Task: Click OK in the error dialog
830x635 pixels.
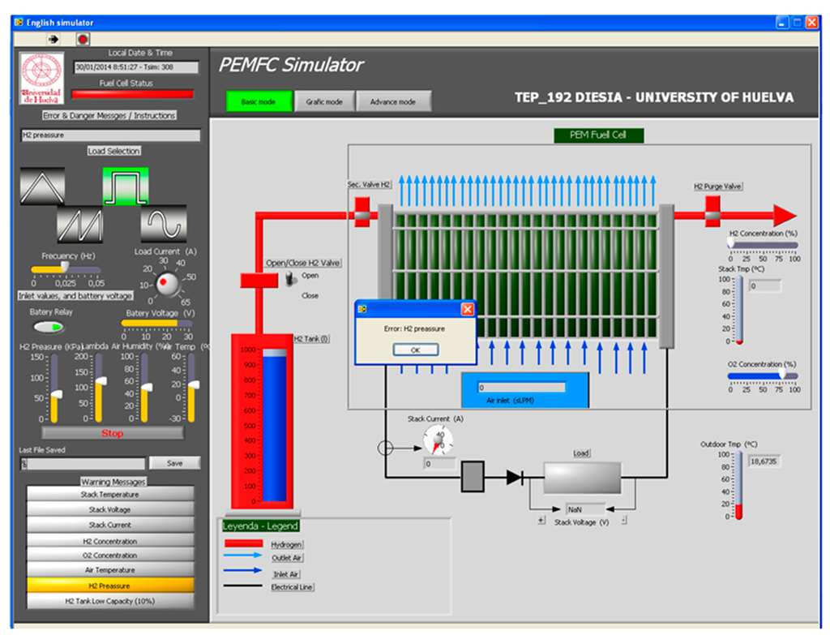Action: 416,350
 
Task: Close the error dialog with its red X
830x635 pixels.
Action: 467,309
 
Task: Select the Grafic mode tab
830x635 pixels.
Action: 323,101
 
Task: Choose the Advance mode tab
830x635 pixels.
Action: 393,101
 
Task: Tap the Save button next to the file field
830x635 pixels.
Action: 174,463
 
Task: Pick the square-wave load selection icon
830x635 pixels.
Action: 126,187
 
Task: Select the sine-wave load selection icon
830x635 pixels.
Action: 164,223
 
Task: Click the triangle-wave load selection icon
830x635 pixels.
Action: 43,187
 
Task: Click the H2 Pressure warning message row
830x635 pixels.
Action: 110,586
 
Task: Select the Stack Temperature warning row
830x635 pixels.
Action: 110,494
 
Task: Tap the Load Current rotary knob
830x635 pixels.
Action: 168,283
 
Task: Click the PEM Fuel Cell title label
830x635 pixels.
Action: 598,135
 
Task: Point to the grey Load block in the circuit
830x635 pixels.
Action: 581,478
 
